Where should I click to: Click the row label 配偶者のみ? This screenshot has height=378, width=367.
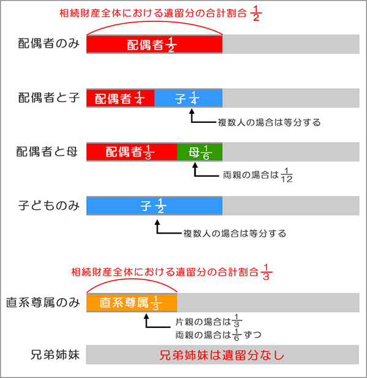click(49, 43)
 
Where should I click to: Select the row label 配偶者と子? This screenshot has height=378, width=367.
click(49, 98)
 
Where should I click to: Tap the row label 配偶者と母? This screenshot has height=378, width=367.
click(46, 152)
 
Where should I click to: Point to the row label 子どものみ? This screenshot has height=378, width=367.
click(49, 206)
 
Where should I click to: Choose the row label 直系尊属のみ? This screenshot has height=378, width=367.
click(43, 303)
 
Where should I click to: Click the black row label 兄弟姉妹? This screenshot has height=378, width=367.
click(55, 355)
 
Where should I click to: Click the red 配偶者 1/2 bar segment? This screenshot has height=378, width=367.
click(154, 44)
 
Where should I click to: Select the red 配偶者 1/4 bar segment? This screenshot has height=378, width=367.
click(120, 98)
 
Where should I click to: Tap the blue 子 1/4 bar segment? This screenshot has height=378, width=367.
click(188, 98)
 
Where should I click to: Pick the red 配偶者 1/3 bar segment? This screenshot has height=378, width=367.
click(132, 152)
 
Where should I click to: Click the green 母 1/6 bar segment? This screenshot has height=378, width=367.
click(200, 152)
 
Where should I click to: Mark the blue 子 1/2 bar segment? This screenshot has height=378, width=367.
click(154, 206)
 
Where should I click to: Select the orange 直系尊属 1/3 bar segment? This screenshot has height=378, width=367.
click(132, 303)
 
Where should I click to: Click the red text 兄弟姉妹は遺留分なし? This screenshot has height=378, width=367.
click(222, 355)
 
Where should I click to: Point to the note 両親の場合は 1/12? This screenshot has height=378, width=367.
click(258, 176)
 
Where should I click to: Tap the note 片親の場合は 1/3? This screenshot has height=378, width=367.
click(209, 321)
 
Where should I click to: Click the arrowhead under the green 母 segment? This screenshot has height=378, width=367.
click(195, 165)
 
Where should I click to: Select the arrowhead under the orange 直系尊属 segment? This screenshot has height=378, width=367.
click(146, 316)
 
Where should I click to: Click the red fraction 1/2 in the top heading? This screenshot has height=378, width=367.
click(256, 13)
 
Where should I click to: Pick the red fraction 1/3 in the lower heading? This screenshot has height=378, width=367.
click(266, 272)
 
